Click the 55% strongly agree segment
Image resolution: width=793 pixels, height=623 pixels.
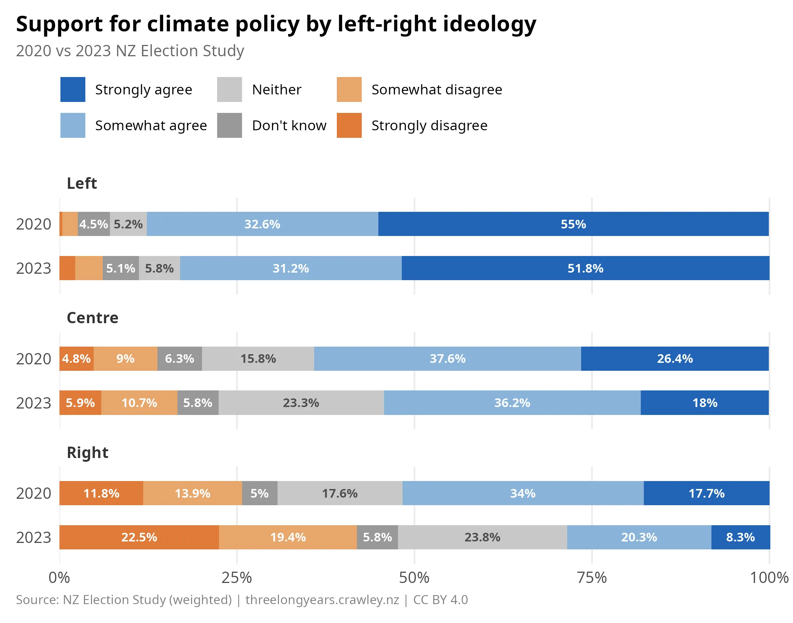[573, 224]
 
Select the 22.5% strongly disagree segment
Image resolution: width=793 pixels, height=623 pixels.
[139, 537]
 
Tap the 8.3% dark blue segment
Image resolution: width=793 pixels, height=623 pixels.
[740, 537]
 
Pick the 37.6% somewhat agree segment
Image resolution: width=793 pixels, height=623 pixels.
[447, 358]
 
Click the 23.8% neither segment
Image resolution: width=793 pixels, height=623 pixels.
[482, 537]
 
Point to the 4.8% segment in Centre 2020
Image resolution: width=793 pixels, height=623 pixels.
[76, 358]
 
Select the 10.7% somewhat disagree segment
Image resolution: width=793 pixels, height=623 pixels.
[139, 402]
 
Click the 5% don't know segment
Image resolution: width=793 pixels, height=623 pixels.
[259, 493]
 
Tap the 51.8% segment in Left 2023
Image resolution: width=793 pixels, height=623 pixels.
[585, 268]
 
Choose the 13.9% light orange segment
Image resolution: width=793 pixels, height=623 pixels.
[192, 493]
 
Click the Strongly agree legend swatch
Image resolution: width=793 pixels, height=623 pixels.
[73, 89]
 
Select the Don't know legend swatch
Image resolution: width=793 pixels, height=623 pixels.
[230, 125]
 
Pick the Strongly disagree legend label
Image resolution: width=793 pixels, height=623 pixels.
[429, 125]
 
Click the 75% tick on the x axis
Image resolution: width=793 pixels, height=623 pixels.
[592, 577]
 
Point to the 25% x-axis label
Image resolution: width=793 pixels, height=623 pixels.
[237, 577]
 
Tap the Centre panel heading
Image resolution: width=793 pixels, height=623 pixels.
[93, 318]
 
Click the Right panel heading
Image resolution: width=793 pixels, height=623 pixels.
[88, 452]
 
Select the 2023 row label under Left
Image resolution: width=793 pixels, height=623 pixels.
[34, 268]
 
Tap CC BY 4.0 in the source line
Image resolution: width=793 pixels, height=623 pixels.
[440, 600]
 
